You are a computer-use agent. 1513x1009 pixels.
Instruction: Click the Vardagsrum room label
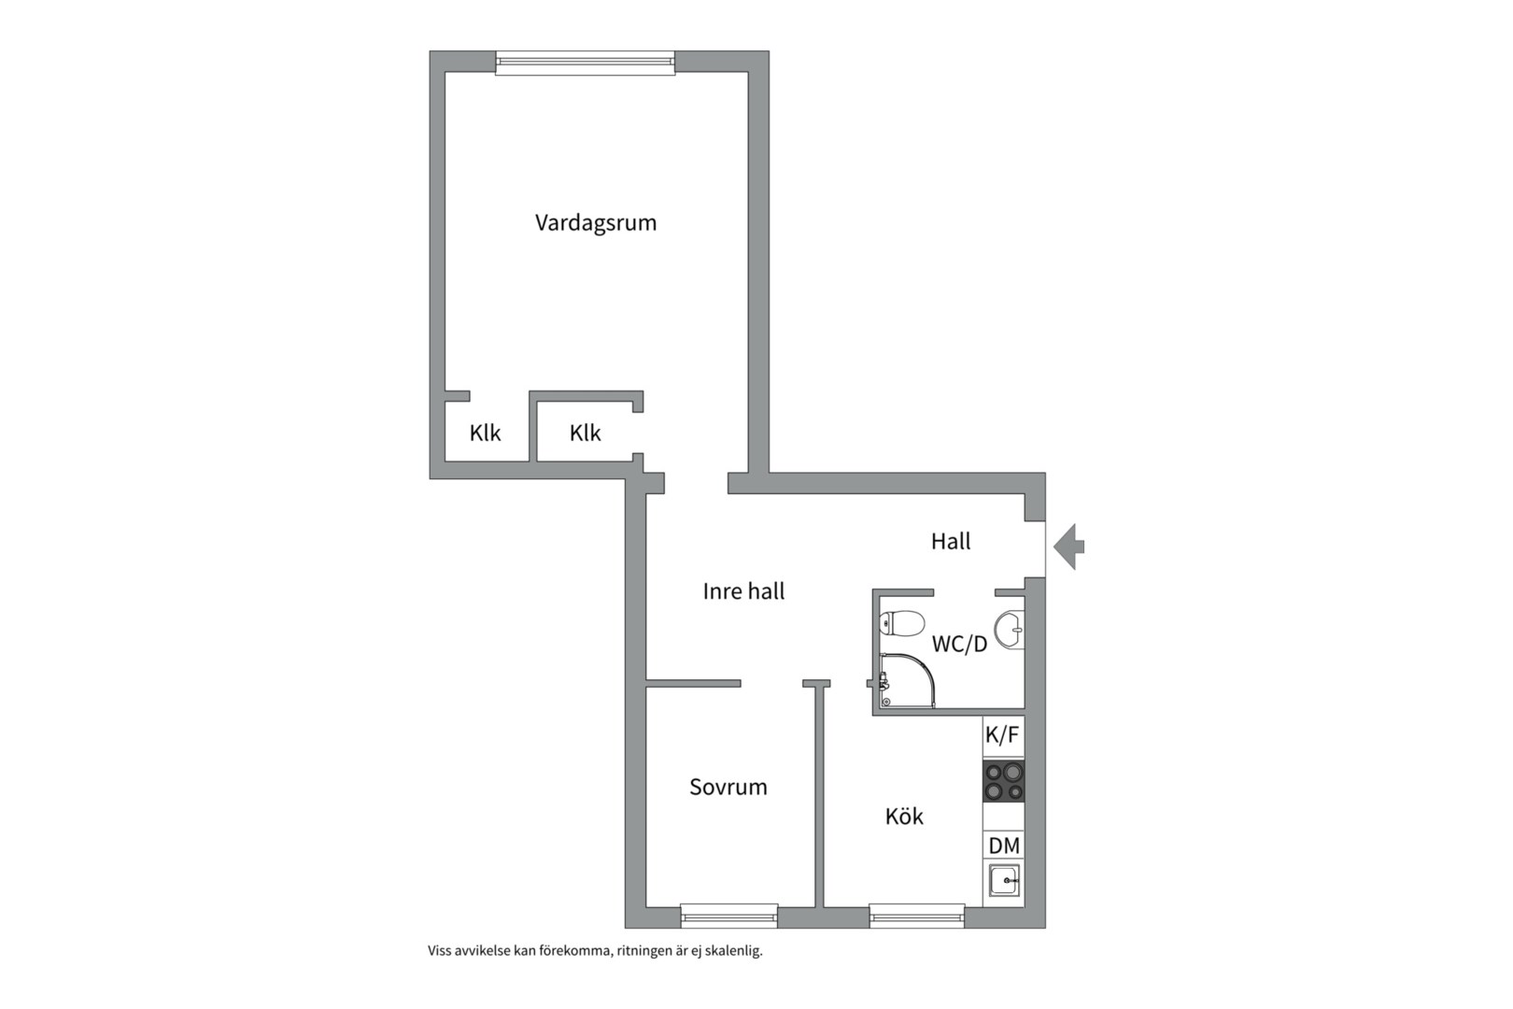pos(596,223)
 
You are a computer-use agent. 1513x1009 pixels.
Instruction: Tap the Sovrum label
pos(728,787)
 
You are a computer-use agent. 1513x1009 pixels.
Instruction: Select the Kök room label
pos(904,816)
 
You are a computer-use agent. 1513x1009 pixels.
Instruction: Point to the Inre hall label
pos(743,591)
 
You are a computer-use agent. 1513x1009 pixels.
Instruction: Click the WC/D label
pos(959,644)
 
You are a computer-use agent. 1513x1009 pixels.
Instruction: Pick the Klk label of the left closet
pos(485,433)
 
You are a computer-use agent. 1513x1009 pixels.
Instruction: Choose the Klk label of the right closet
pos(585,433)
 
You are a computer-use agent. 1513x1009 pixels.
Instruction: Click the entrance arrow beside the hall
pos(1069,546)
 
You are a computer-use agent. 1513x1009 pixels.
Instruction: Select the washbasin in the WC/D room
pos(1009,630)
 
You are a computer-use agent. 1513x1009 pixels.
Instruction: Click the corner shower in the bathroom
pos(907,680)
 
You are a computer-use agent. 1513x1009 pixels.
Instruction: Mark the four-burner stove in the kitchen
pos(1003,781)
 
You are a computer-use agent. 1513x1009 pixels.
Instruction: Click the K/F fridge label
pos(1002,735)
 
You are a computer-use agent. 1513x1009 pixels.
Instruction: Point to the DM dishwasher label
pos(1004,846)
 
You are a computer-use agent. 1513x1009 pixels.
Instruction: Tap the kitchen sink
pos(1004,880)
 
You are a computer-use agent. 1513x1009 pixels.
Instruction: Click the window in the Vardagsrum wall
pos(585,63)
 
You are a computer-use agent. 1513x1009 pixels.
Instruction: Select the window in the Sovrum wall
pos(728,917)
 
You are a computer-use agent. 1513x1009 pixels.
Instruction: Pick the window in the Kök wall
pos(916,917)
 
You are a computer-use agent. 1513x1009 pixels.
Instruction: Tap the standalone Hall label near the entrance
pos(951,541)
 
